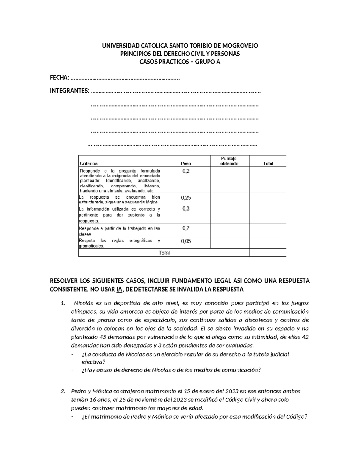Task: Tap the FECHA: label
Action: click(59, 78)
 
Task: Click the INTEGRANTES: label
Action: click(69, 91)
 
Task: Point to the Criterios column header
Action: click(88, 164)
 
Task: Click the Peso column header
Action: click(186, 164)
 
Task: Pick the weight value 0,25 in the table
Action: click(186, 198)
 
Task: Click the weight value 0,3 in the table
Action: click(186, 209)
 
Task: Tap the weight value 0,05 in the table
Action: click(186, 241)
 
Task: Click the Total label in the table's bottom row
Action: click(164, 253)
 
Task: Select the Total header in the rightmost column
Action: click(268, 164)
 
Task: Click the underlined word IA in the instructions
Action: click(119, 290)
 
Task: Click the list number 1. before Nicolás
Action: click(63, 303)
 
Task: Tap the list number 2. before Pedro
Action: click(63, 391)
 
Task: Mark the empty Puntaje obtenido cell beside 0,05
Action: click(229, 243)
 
